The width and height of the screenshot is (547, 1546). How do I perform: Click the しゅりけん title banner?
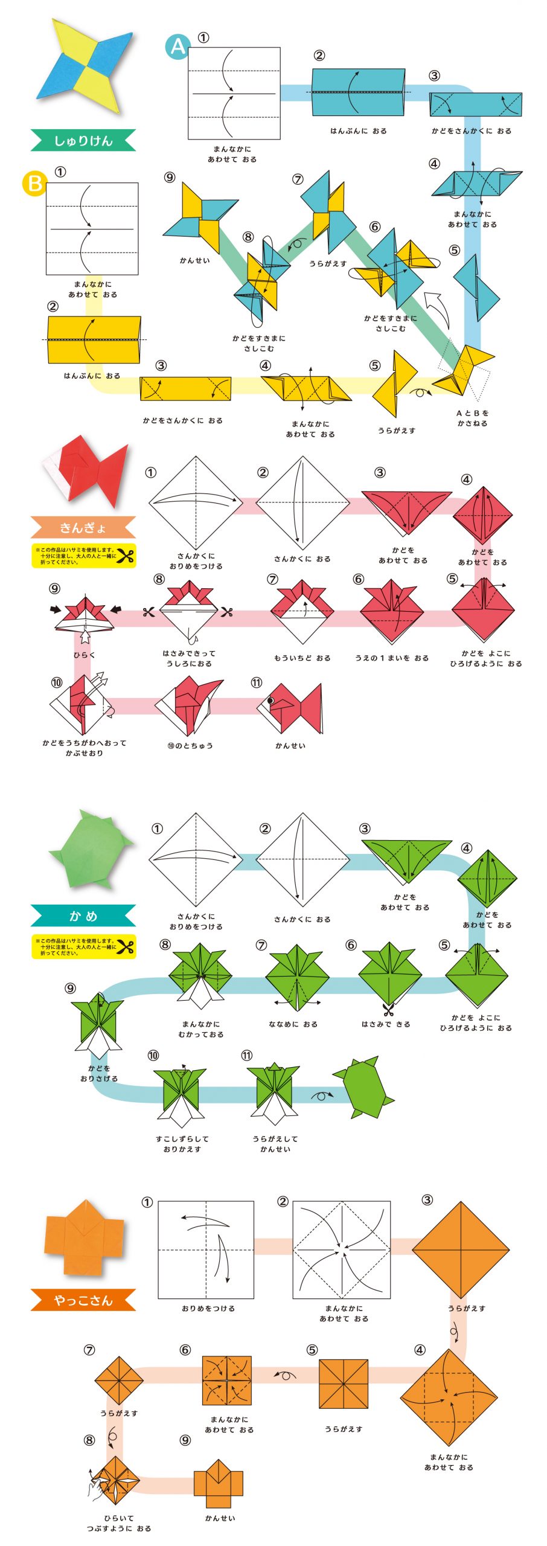point(83,140)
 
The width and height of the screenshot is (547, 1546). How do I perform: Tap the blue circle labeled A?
point(178,47)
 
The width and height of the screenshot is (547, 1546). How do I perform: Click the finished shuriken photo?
point(85,66)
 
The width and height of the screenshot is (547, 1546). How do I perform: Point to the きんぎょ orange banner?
point(83,527)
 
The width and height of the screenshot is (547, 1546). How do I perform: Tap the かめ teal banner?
point(83,916)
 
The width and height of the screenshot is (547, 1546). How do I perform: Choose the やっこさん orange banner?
point(83,1300)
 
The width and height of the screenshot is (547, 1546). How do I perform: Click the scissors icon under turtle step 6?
point(388,1008)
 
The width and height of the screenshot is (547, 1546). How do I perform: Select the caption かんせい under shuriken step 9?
point(194,260)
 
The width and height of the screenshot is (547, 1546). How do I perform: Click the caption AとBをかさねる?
point(472,418)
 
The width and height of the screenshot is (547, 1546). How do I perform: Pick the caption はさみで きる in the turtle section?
point(386,1024)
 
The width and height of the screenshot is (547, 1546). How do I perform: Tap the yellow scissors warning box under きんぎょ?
point(83,556)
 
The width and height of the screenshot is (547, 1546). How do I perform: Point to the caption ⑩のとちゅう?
point(190,745)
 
